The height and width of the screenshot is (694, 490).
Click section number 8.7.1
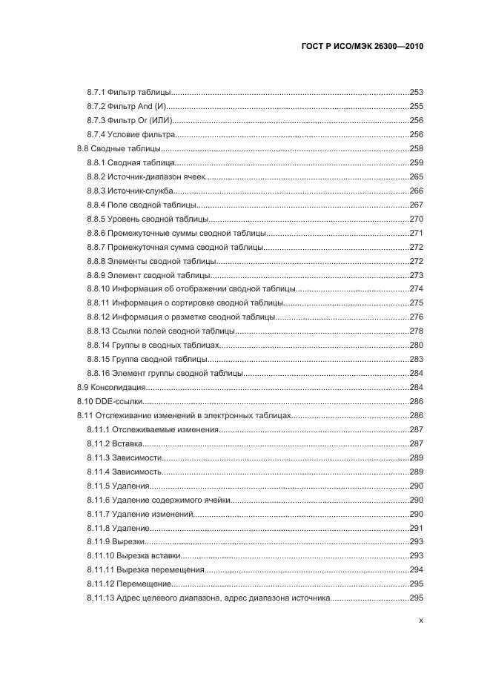(x=96, y=93)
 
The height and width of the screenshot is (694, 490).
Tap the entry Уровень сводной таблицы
(x=158, y=219)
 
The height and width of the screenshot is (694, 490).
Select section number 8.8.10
(x=99, y=289)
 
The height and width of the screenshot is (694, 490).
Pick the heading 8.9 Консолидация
(x=110, y=388)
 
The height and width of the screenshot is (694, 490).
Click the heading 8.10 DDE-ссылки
(x=110, y=401)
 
